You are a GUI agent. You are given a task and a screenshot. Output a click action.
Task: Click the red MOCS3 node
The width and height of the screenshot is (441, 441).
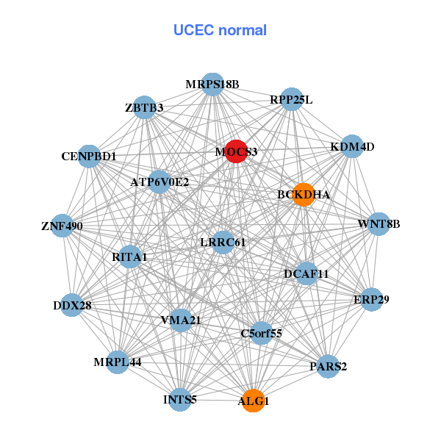[x=235, y=151]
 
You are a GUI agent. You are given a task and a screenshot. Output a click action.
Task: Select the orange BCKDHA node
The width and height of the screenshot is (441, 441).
[x=303, y=195]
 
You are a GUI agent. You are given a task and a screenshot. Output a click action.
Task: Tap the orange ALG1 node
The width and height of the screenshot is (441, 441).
[x=253, y=401]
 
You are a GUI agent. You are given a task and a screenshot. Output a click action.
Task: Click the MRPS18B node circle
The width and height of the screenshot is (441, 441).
[x=212, y=85]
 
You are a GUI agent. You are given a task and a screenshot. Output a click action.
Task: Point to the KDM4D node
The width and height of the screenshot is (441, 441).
[x=353, y=146]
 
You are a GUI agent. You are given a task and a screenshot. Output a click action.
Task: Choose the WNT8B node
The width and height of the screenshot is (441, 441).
[x=378, y=224]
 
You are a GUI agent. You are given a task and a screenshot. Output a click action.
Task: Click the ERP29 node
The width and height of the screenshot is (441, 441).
[x=372, y=299]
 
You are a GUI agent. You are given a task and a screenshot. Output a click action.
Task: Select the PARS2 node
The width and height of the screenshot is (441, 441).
[x=329, y=366]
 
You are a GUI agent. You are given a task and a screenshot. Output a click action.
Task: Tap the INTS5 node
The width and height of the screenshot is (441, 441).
[x=180, y=400]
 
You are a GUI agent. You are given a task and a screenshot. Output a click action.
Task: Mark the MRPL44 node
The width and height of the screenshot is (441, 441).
[x=118, y=362]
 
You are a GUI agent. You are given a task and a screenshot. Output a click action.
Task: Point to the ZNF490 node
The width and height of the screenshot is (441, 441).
[x=62, y=226]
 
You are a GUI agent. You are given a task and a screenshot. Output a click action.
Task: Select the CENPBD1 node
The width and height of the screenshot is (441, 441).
[x=89, y=157]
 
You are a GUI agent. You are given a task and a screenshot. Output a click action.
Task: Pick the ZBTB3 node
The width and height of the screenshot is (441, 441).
[x=144, y=108]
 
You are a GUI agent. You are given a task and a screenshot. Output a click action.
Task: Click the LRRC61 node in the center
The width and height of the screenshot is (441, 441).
[x=223, y=242]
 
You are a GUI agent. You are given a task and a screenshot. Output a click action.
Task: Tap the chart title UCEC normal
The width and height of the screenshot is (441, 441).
[x=220, y=30]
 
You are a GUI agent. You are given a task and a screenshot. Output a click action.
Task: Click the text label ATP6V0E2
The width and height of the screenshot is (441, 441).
[x=159, y=182]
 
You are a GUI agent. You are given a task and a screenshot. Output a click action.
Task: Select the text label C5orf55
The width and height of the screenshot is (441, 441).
[x=262, y=333]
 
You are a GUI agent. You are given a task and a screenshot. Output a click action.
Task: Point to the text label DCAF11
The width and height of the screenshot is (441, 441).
[x=306, y=274]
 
